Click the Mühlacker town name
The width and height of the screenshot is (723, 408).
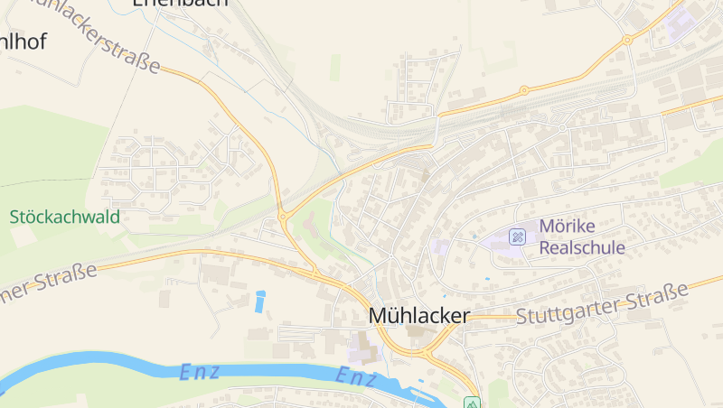click(419, 316)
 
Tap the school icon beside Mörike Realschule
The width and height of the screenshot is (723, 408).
click(517, 236)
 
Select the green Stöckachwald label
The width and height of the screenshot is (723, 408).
click(65, 217)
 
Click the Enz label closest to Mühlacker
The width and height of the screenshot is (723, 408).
click(356, 377)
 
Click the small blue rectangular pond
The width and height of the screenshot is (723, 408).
click(260, 301)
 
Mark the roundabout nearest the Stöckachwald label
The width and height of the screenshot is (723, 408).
click(283, 216)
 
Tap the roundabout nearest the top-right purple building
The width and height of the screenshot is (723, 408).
click(626, 41)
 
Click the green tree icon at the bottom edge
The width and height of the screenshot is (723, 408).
click(471, 403)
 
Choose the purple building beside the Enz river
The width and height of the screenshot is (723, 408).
click(360, 348)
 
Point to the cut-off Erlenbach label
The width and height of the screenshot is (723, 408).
click(180, 4)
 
